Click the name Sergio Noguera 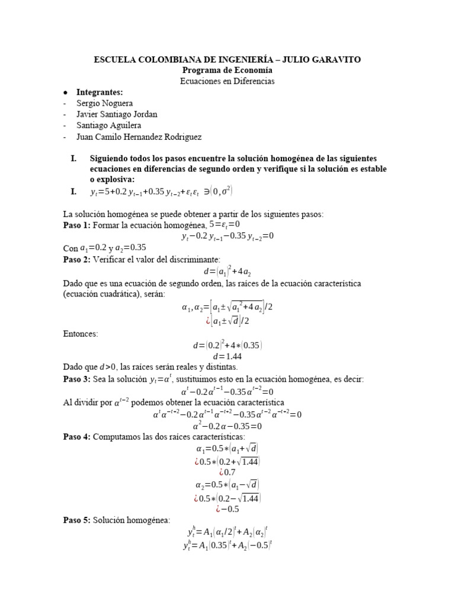[x=104, y=103]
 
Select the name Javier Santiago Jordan [x=117, y=114]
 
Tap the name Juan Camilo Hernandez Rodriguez [x=139, y=137]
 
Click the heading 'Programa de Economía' [x=227, y=70]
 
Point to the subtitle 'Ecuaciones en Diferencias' [x=227, y=81]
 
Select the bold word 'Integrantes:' [x=100, y=92]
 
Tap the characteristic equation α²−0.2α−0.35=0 [x=227, y=426]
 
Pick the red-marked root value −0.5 [x=230, y=509]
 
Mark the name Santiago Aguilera [x=110, y=126]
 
